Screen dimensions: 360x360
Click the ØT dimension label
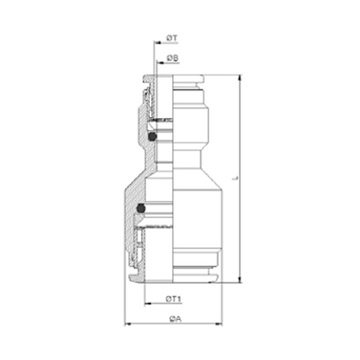172,38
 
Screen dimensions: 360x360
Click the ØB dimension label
173,58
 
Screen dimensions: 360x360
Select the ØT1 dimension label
173,299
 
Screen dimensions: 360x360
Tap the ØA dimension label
176,319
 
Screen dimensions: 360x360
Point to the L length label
235,178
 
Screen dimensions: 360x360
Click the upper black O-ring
152,137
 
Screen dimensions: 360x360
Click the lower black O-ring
141,208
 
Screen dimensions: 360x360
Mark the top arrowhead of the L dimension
240,78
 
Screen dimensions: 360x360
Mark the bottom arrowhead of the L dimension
240,280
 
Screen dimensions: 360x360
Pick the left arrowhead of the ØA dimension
128,324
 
